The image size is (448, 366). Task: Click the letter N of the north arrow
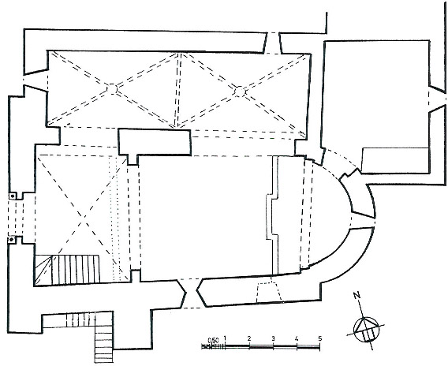pos(357,295)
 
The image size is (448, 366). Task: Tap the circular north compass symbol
pos(367,330)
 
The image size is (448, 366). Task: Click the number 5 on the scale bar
pos(320,339)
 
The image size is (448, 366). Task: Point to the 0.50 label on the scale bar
pos(213,340)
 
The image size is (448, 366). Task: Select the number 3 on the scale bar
pos(273,339)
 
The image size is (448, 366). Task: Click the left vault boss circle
pos(112,88)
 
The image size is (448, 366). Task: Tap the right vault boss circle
pos(240,91)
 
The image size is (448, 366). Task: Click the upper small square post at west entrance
pos(13,196)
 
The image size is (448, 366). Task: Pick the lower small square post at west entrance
pos(12,239)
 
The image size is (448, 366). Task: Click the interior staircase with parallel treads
pos(67,270)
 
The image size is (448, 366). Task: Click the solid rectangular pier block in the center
pos(155,142)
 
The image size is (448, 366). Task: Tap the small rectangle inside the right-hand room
pos(395,160)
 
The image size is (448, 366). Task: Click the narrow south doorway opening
pos(191,293)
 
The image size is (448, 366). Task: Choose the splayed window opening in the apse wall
pos(362,220)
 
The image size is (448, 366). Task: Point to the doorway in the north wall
pos(273,43)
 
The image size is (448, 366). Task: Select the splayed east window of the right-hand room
pos(438,99)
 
